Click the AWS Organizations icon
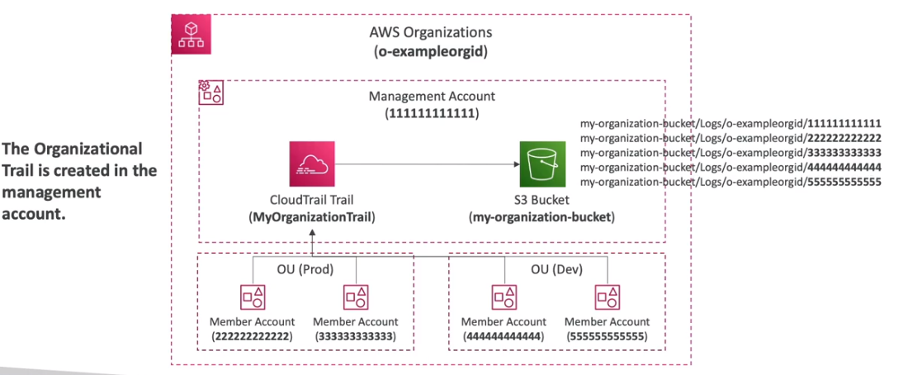tap(191, 35)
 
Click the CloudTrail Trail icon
tap(312, 164)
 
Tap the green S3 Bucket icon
tap(541, 164)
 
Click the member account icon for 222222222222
tap(252, 296)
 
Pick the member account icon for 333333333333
tap(356, 296)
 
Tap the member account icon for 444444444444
tap(504, 296)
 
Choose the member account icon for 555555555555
tap(608, 296)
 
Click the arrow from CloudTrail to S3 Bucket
tap(425, 164)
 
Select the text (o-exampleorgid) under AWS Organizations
tap(431, 52)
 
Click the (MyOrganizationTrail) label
tap(312, 217)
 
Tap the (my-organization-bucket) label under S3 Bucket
tap(541, 217)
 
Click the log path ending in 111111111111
tap(731, 122)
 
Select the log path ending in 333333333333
tap(731, 152)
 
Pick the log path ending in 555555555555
tap(731, 182)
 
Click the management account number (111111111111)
tap(432, 112)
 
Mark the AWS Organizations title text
tap(431, 33)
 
